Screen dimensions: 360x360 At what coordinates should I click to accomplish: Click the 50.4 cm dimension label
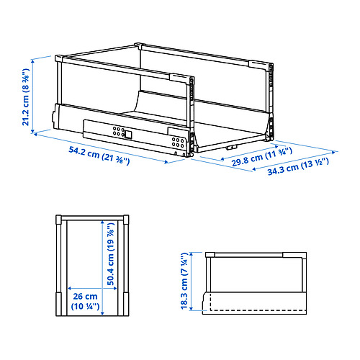coord(112,259)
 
